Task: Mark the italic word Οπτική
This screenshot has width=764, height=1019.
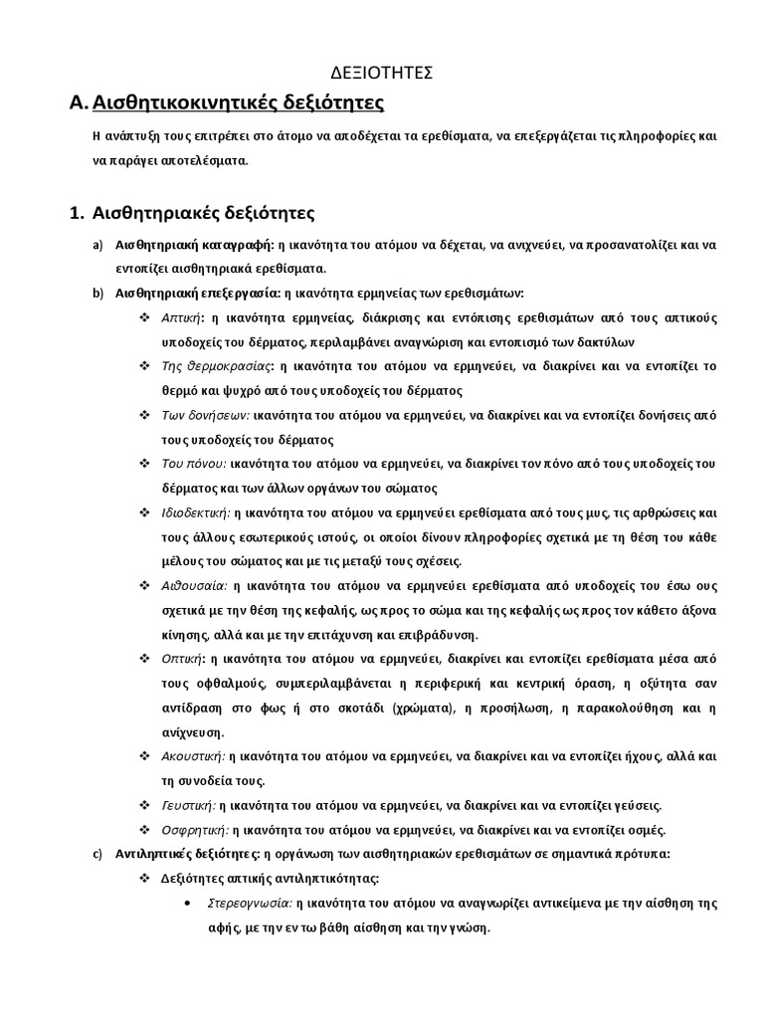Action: [183, 660]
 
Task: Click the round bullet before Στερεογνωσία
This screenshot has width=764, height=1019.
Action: [190, 904]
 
